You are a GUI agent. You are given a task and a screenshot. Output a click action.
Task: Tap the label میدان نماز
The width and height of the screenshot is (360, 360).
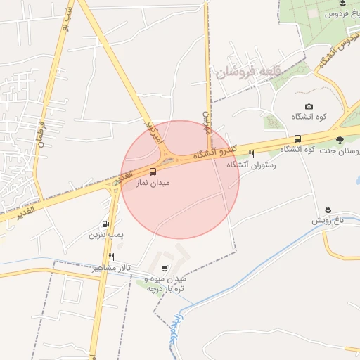[x=153, y=182]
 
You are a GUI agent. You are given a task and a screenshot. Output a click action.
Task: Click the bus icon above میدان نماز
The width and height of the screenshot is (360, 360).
[x=153, y=170]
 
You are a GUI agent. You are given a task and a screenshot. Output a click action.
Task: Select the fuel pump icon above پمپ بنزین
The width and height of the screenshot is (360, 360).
[x=105, y=224]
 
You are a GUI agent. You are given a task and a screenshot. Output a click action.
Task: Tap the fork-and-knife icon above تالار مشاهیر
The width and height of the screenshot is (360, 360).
[x=111, y=257]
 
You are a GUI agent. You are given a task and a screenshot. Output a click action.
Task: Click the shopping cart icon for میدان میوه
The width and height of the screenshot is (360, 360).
[x=165, y=269]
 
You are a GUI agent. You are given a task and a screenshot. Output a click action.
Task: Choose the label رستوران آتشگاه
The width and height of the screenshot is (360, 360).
[x=251, y=165]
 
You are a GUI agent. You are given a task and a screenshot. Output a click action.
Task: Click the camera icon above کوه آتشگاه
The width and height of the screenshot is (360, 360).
[x=308, y=106]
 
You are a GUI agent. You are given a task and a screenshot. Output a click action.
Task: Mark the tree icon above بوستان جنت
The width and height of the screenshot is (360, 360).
[x=340, y=140]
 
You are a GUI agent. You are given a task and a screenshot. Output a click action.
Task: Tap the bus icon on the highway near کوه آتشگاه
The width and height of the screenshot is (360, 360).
[x=297, y=139]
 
